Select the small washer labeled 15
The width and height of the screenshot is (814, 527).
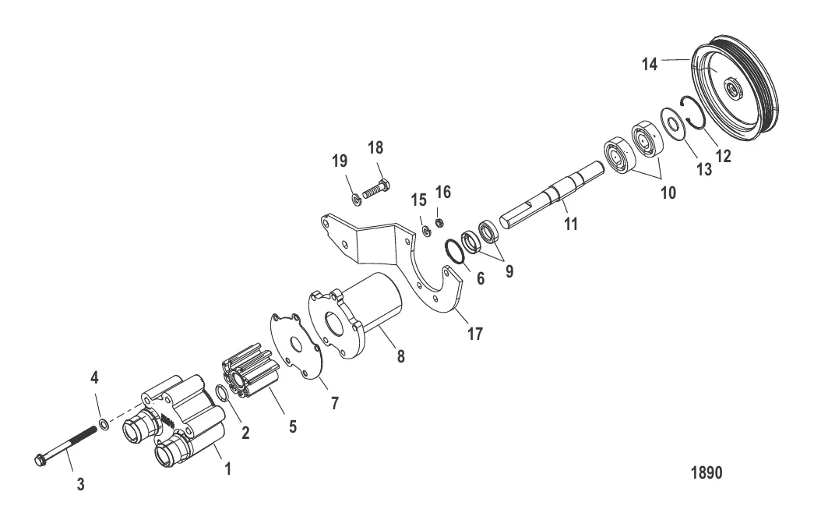point(427,232)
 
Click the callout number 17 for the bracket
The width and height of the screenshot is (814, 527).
point(474,334)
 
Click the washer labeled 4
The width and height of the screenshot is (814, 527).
point(103,426)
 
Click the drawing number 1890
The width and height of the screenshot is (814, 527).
point(707,472)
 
